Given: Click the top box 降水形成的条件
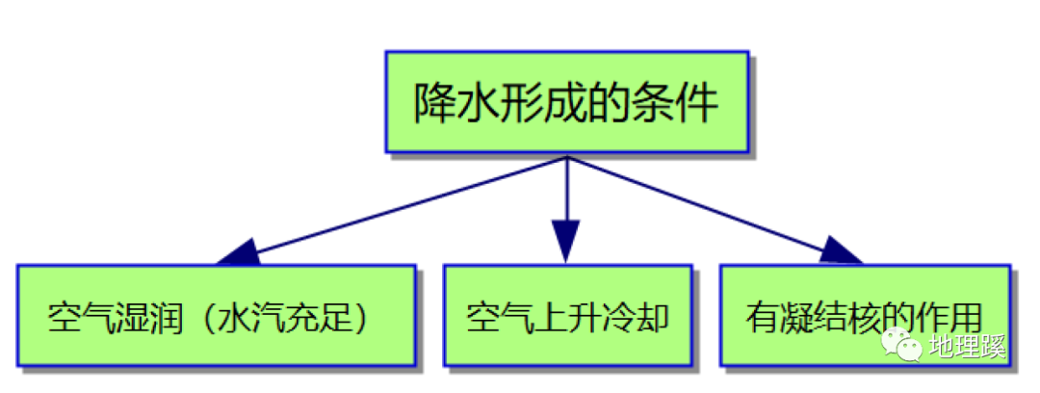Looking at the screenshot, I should (x=566, y=101).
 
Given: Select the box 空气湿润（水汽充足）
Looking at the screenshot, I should (x=216, y=316).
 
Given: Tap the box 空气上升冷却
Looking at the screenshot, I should (x=567, y=316).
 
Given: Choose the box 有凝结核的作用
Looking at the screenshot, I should (x=865, y=316).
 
